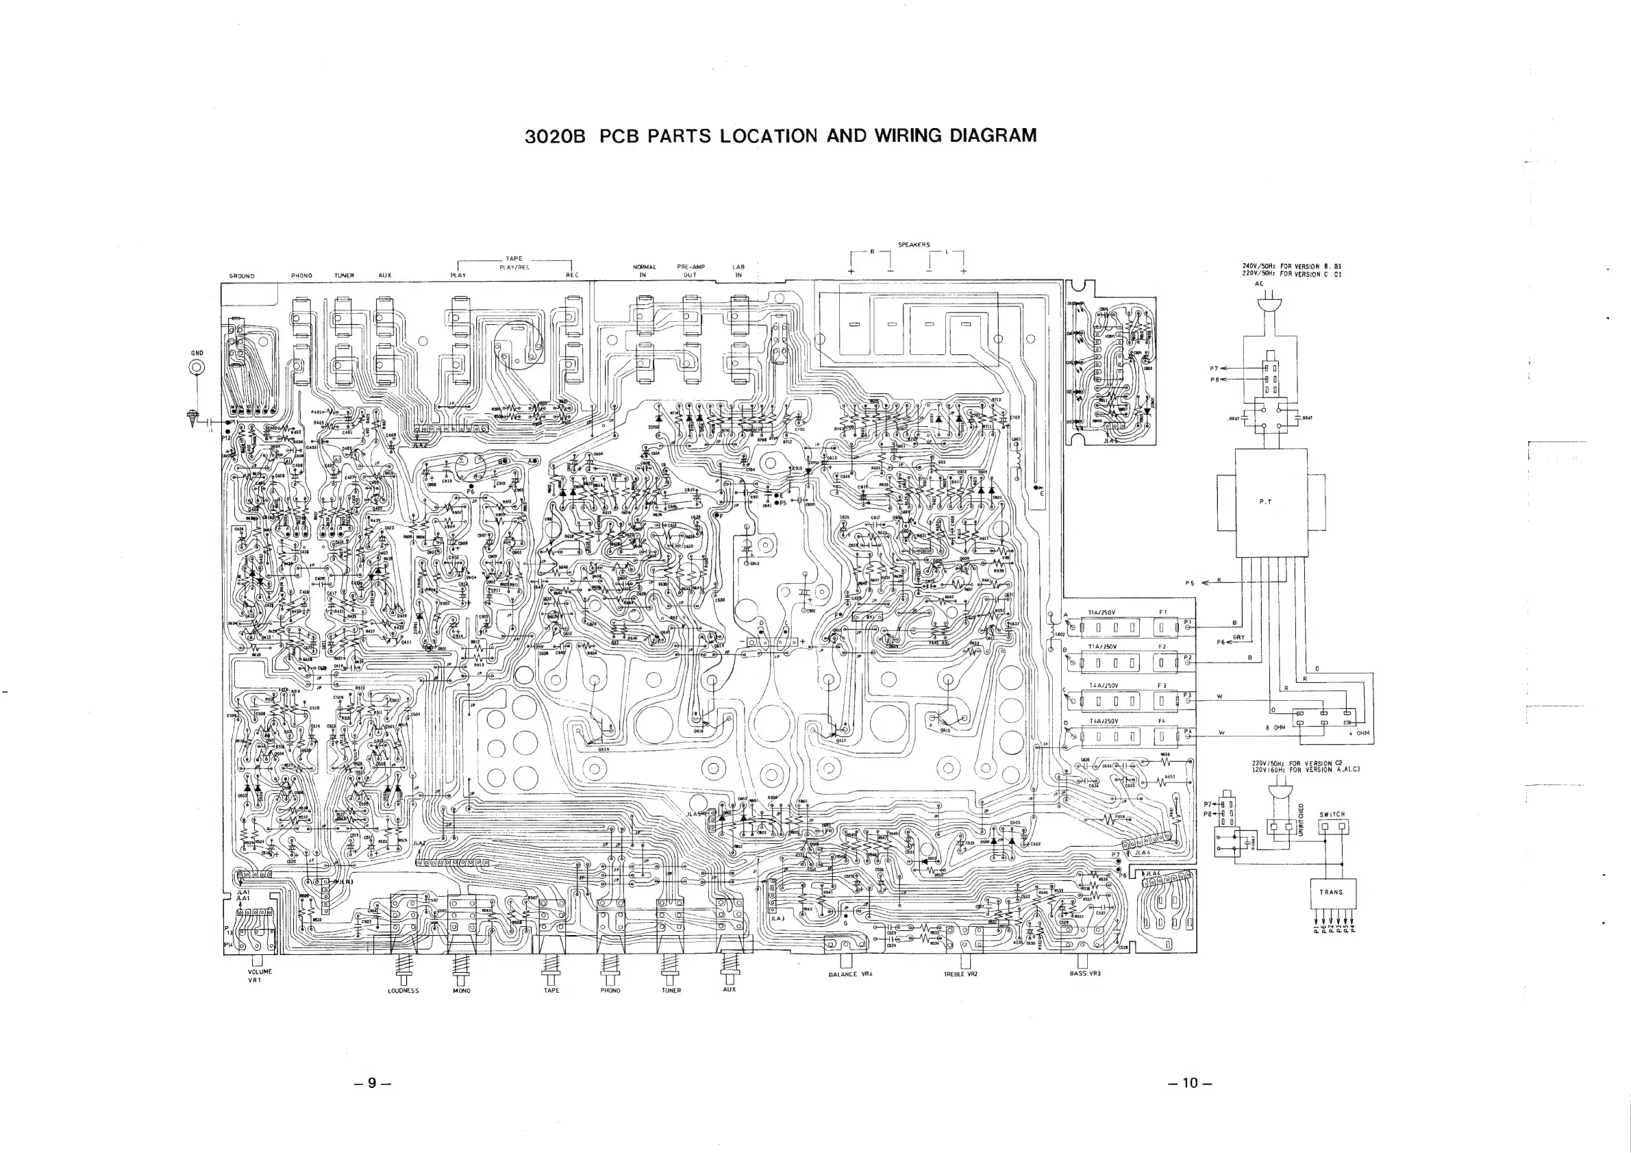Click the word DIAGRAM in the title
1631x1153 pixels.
click(x=993, y=136)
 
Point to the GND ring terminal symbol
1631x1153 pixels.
click(x=197, y=368)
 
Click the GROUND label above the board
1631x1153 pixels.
click(x=242, y=275)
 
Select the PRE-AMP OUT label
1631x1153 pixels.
click(x=690, y=271)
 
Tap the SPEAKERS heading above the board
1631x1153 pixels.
click(x=914, y=245)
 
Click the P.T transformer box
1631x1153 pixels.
click(x=1271, y=501)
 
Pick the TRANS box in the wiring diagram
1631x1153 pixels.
click(x=1331, y=891)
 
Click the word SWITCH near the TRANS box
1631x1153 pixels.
click(x=1332, y=814)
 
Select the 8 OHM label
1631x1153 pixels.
click(x=1275, y=728)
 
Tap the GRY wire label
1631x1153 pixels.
click(x=1238, y=637)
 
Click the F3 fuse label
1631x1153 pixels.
click(x=1162, y=686)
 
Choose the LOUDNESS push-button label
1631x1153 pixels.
click(x=403, y=991)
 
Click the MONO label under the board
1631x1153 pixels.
click(x=461, y=991)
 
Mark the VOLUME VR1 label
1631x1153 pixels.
click(x=260, y=976)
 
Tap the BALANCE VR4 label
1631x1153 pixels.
click(x=849, y=974)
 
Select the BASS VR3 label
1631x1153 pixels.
click(x=1085, y=974)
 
